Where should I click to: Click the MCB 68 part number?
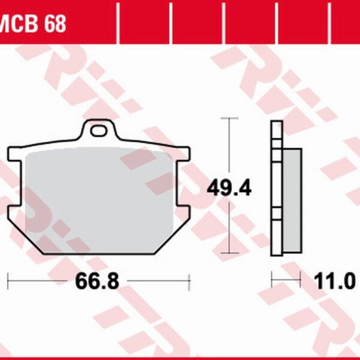pyautogui.click(x=32, y=25)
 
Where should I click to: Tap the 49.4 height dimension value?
pyautogui.click(x=229, y=188)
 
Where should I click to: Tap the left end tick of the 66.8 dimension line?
pyautogui.click(x=8, y=280)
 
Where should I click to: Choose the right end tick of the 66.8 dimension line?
pyautogui.click(x=190, y=280)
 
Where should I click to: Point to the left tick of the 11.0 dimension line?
pyautogui.click(x=272, y=280)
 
